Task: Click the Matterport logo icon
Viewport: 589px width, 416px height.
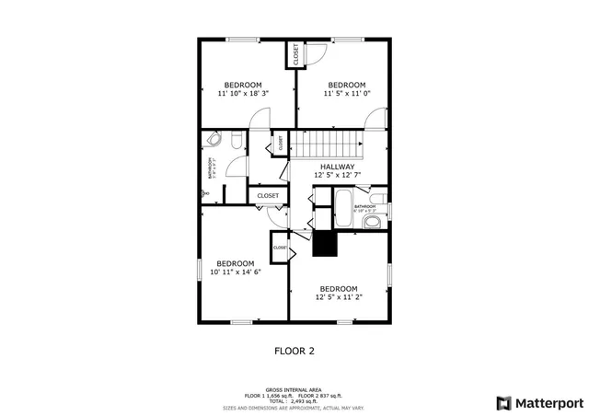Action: coord(502,402)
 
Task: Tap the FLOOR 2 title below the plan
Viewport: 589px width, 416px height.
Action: coord(294,351)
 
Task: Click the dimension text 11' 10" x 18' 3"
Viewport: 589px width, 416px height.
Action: coord(243,94)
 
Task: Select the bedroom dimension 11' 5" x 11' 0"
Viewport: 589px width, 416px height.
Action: coord(347,94)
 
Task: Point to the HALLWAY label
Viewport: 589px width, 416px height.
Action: coord(337,167)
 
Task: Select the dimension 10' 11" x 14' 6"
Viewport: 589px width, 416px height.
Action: coord(236,272)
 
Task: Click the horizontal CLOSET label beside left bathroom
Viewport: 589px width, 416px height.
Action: coord(268,196)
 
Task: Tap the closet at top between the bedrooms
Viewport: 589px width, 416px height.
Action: coord(296,55)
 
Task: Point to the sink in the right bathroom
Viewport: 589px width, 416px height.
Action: coord(372,223)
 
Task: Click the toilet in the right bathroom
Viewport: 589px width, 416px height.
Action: coord(377,199)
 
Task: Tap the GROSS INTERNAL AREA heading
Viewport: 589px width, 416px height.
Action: coord(294,389)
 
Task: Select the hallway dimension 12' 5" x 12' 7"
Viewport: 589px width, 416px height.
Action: coord(337,176)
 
